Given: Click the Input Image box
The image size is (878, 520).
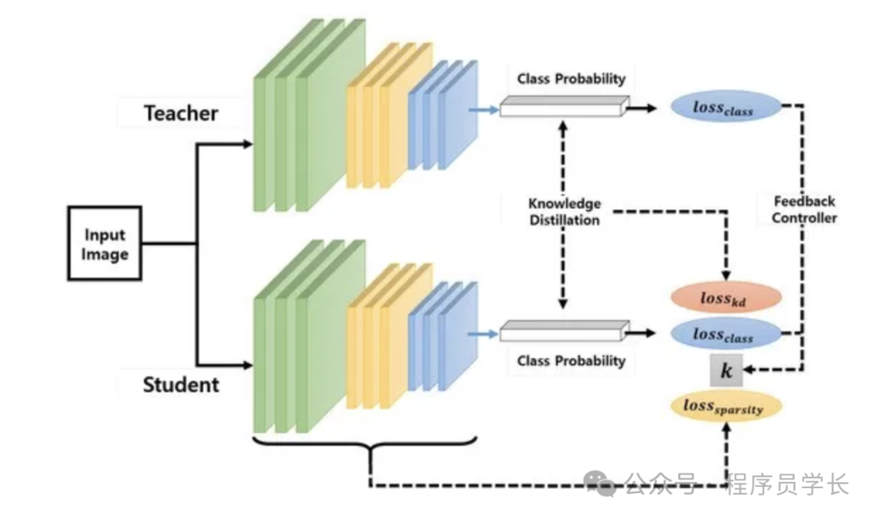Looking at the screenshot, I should click(x=105, y=243).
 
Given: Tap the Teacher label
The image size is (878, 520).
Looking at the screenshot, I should click(x=181, y=113).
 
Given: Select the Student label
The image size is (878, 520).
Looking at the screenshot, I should click(x=181, y=384).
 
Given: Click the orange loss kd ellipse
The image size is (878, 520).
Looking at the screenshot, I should click(x=724, y=299).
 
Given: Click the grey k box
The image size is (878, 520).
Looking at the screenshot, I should click(x=726, y=371).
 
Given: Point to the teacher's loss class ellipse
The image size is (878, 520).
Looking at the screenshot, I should click(x=724, y=107).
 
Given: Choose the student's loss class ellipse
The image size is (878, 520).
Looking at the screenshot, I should click(x=724, y=334).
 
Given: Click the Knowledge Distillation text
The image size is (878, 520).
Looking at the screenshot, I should click(x=564, y=212).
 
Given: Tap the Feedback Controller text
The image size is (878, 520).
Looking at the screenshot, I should click(x=804, y=209).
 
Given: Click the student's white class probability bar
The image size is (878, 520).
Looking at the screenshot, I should click(x=563, y=330).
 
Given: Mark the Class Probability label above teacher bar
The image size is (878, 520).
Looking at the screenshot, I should click(x=572, y=79).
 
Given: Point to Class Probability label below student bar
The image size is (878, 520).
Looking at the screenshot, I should click(x=572, y=361).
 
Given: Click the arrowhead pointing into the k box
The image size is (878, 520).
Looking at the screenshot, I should click(x=749, y=371).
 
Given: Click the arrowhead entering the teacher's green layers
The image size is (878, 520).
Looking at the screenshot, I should click(x=248, y=145).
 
